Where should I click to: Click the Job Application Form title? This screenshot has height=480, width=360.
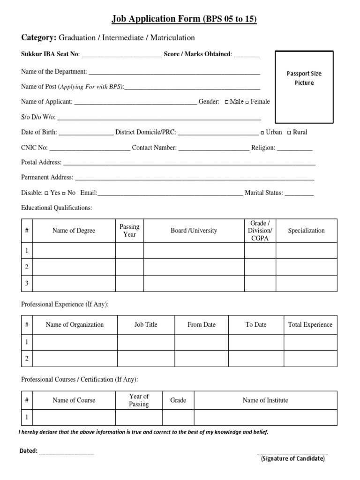[x=184, y=19]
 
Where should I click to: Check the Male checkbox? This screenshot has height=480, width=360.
[x=227, y=102]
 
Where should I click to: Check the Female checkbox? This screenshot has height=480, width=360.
[x=247, y=102]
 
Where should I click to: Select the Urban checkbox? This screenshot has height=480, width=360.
[x=262, y=133]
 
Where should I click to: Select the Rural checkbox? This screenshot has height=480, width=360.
[x=289, y=133]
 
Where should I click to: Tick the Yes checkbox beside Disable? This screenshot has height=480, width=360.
[x=46, y=193]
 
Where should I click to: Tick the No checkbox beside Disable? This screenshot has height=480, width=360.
[x=63, y=193]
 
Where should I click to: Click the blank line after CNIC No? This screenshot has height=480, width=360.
[x=90, y=150]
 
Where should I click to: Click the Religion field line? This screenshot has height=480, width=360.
[x=294, y=150]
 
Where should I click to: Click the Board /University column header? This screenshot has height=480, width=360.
[x=194, y=231]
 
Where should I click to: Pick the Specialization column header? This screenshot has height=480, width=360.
[x=306, y=231]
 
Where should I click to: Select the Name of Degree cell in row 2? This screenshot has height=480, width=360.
[x=74, y=267]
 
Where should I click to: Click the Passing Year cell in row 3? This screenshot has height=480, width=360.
[x=129, y=283]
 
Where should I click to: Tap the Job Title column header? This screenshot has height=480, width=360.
[x=146, y=324]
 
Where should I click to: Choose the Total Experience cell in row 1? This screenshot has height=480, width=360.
[x=310, y=342]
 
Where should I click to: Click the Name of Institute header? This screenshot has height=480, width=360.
[x=265, y=400]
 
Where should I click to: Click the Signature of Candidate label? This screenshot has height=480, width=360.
[x=292, y=458]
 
